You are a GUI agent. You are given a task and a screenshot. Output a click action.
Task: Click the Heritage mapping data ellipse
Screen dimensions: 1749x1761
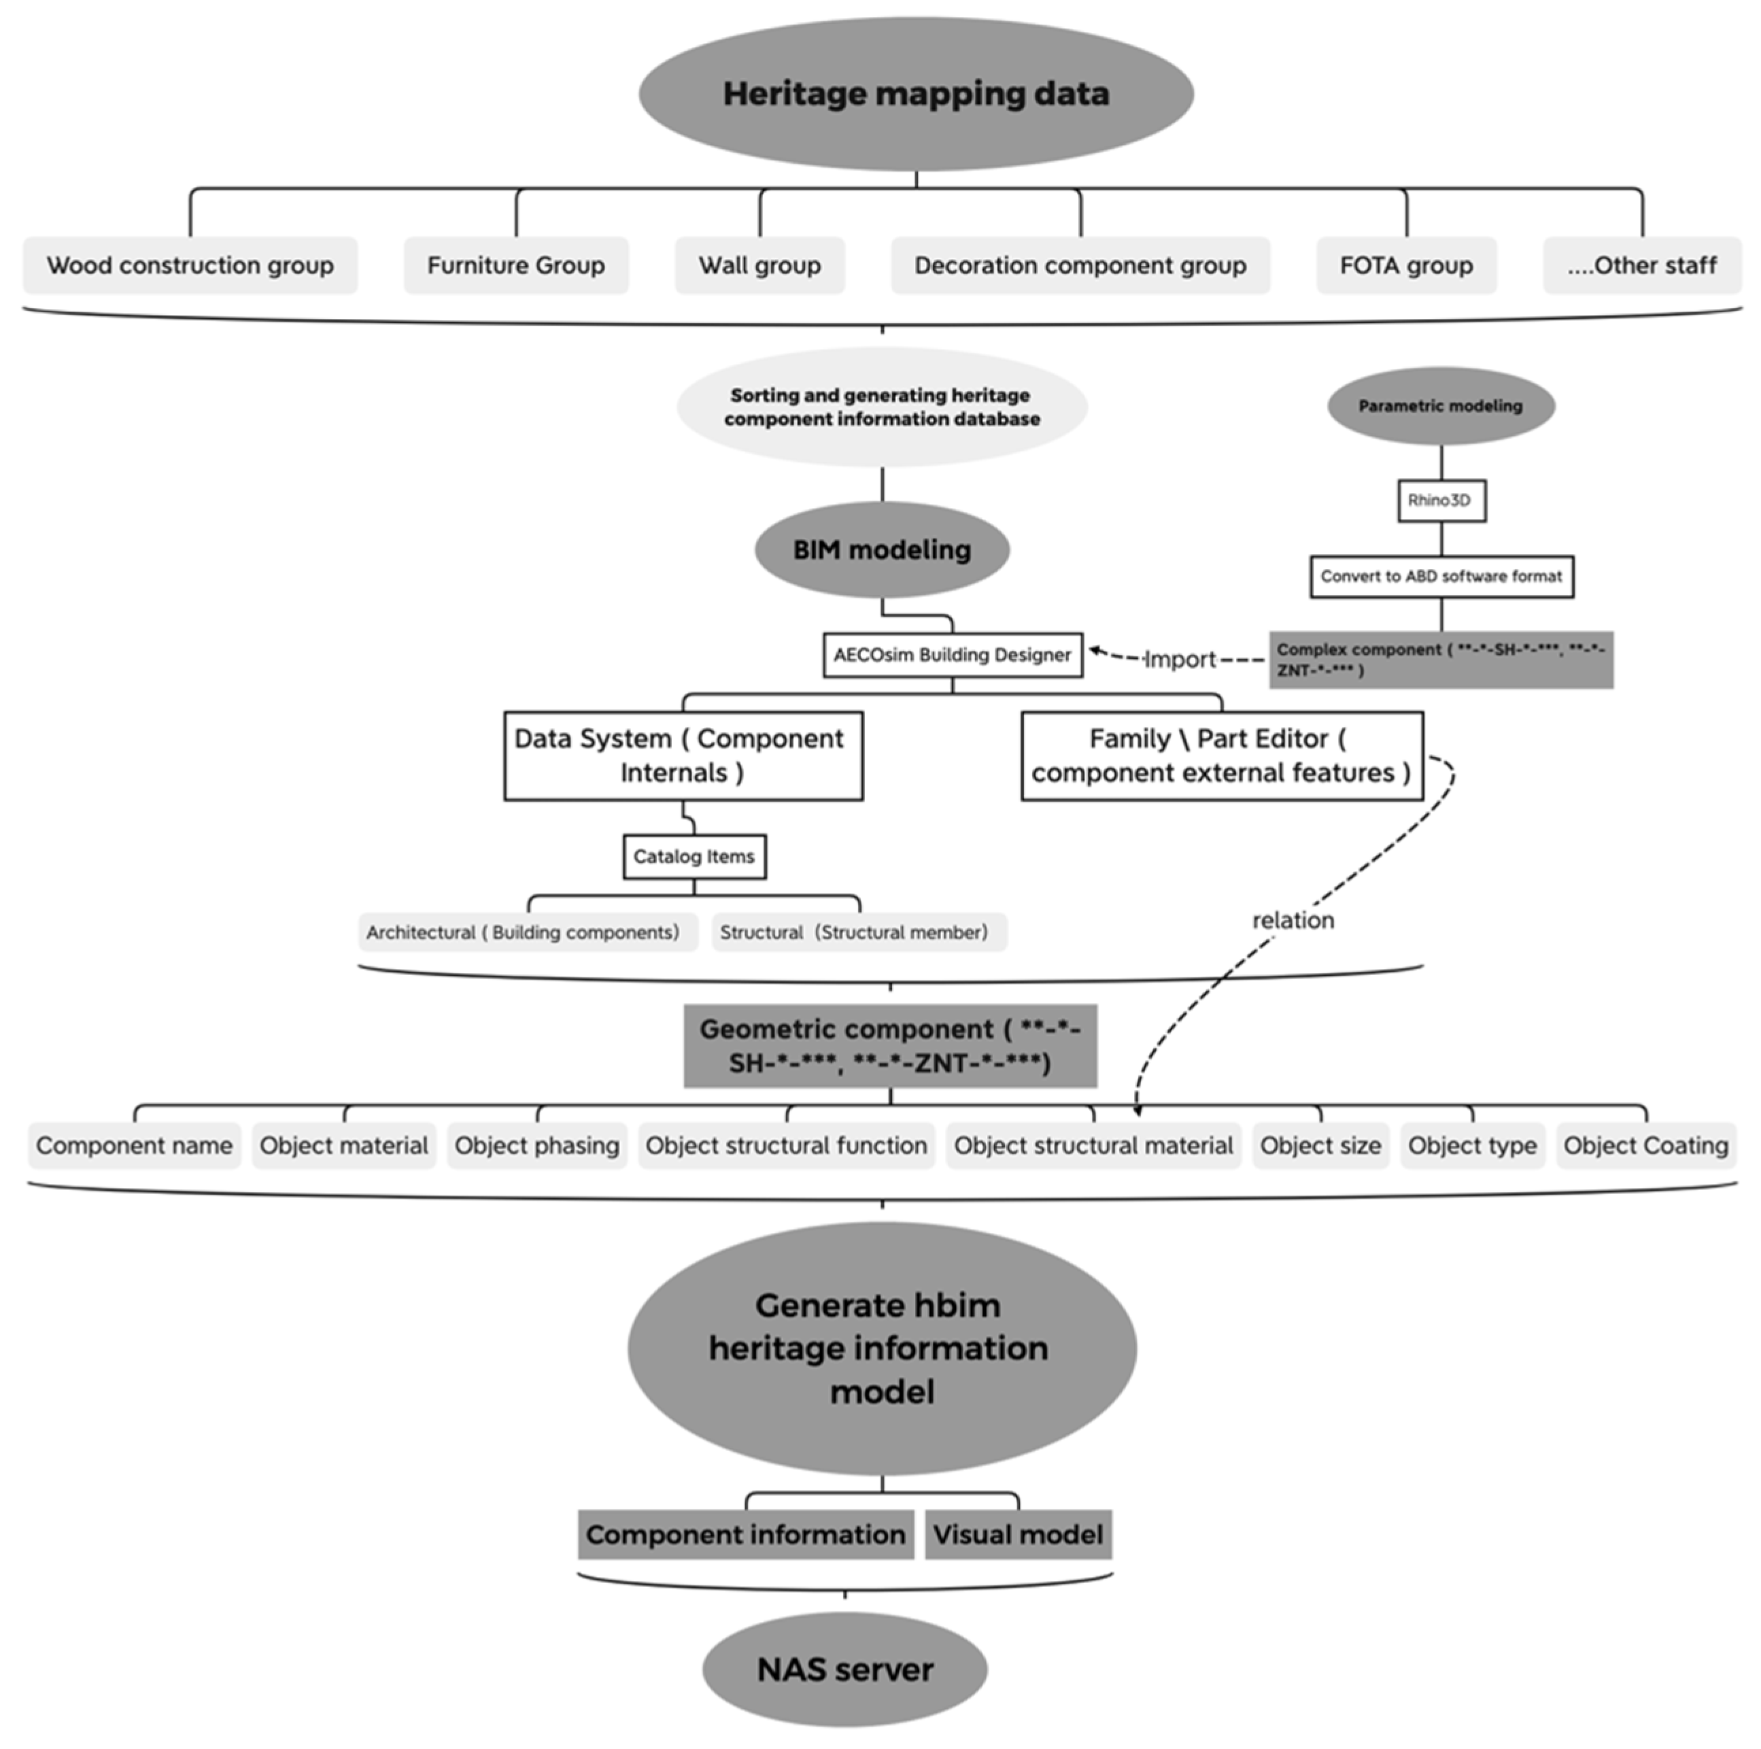(915, 94)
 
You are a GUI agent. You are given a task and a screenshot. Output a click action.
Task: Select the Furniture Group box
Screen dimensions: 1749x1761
(516, 265)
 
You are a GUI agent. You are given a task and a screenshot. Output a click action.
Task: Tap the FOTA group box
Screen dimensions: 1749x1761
(1405, 265)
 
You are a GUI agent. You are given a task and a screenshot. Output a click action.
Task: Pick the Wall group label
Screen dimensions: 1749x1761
(759, 265)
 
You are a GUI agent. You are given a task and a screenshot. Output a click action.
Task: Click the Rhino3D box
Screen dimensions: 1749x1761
(1441, 500)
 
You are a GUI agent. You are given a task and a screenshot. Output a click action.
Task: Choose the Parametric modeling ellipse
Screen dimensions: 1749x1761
(1440, 405)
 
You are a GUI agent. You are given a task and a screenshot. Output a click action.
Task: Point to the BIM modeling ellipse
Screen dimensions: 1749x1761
(881, 549)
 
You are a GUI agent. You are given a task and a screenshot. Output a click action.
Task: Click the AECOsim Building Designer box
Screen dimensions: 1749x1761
(952, 654)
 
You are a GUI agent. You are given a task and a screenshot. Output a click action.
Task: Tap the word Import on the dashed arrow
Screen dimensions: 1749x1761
(1180, 659)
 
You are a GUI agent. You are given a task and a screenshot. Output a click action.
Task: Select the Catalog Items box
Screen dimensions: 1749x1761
(694, 857)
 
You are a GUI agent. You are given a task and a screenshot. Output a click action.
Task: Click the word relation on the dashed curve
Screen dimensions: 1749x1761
(1293, 921)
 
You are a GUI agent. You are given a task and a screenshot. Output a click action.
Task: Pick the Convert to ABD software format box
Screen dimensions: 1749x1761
(1441, 576)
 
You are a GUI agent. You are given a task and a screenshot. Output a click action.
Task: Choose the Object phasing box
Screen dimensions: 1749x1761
(537, 1146)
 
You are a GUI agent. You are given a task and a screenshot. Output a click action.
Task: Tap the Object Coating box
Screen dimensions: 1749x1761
(1645, 1146)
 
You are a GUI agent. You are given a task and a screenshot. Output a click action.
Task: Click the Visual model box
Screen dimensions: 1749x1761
(1017, 1535)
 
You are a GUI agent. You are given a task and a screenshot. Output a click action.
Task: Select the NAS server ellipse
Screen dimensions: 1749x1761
(845, 1669)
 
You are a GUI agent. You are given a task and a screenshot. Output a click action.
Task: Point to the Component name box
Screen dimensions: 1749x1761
(134, 1146)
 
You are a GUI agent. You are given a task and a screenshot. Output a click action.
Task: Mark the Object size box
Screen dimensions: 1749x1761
(1320, 1146)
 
